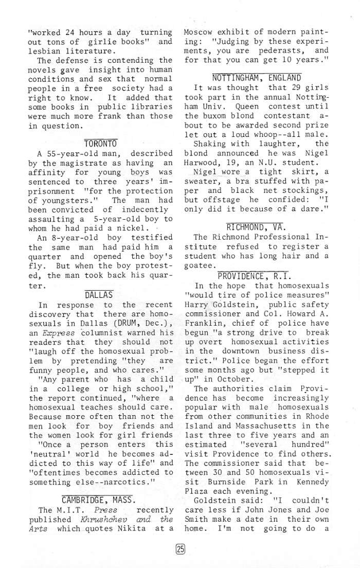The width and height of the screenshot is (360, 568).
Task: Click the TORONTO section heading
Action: [100, 143]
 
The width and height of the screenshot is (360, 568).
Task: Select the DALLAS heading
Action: [99, 295]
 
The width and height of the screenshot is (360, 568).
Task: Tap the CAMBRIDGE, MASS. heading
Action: [99, 499]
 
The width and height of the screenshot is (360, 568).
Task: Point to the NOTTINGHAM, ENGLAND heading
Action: [249, 78]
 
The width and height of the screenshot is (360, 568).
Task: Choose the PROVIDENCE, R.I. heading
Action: [254, 275]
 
